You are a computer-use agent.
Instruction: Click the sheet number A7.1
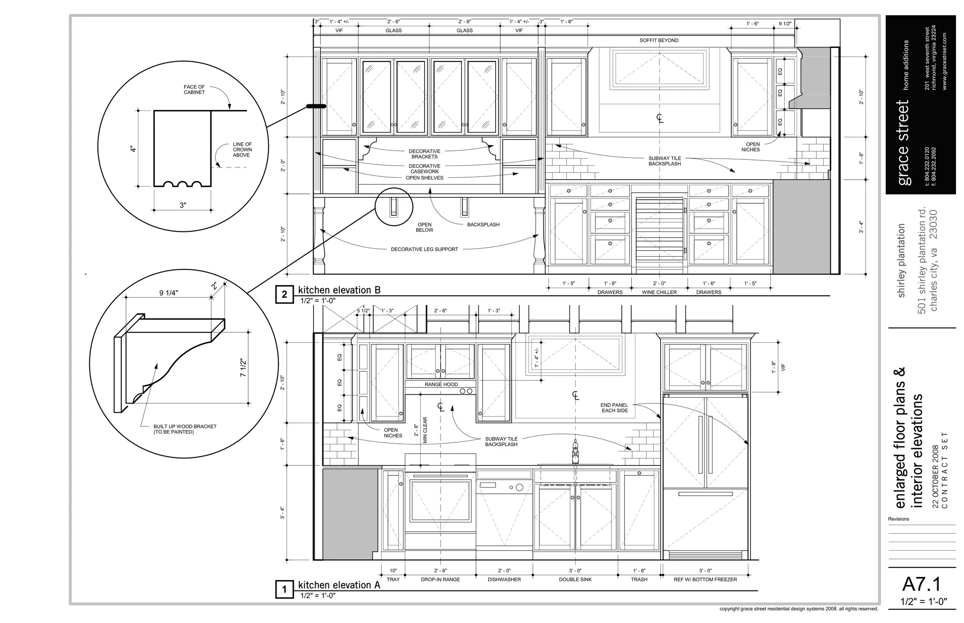pos(922,584)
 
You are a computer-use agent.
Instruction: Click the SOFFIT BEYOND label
pos(659,40)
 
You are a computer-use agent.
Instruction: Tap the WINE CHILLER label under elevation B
pos(659,292)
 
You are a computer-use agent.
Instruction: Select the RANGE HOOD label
pos(441,384)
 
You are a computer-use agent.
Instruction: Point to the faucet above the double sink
pos(575,451)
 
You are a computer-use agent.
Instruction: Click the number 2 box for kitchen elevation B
pos(284,295)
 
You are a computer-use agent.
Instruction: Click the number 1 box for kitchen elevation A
pos(284,590)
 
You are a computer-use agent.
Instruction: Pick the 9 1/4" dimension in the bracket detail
pos(169,293)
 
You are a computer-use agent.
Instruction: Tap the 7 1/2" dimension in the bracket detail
pos(243,367)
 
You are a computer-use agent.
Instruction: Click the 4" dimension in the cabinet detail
pos(134,149)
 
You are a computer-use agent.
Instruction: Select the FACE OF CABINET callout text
pos(194,89)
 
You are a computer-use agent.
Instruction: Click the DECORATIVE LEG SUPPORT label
pos(424,249)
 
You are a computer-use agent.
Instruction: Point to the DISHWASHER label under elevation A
pos(504,579)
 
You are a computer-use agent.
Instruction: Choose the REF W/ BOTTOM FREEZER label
pos(705,579)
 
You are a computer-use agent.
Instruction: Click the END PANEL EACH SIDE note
pos(614,408)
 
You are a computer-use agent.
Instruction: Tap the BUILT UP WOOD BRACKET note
pos(185,429)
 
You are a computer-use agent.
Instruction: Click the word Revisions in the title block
pos(898,519)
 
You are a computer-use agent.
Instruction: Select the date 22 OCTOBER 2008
pos(935,476)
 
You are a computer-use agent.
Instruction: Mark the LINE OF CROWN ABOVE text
pos(242,150)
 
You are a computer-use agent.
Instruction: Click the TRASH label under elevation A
pos(639,579)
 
